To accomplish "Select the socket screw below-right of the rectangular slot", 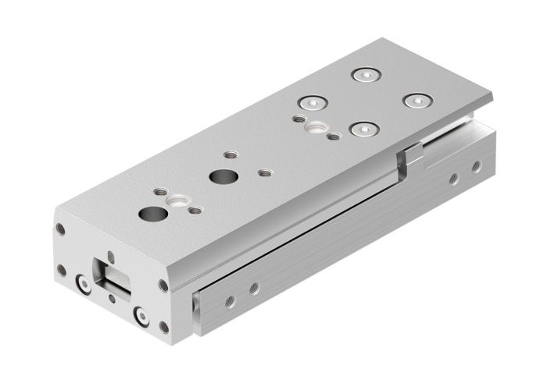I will pos(141,316).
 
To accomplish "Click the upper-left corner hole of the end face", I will pos(60,229).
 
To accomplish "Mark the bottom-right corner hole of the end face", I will pos(163,327).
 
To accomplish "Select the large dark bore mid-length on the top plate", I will pos(220,176).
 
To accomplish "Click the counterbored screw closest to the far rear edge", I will pos(364,75).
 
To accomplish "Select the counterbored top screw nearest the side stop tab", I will pos(361,129).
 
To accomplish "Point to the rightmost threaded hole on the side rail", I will pos(475,166).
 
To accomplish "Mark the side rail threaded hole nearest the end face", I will pos(230,300).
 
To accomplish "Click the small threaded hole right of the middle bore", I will pos(265,172).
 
